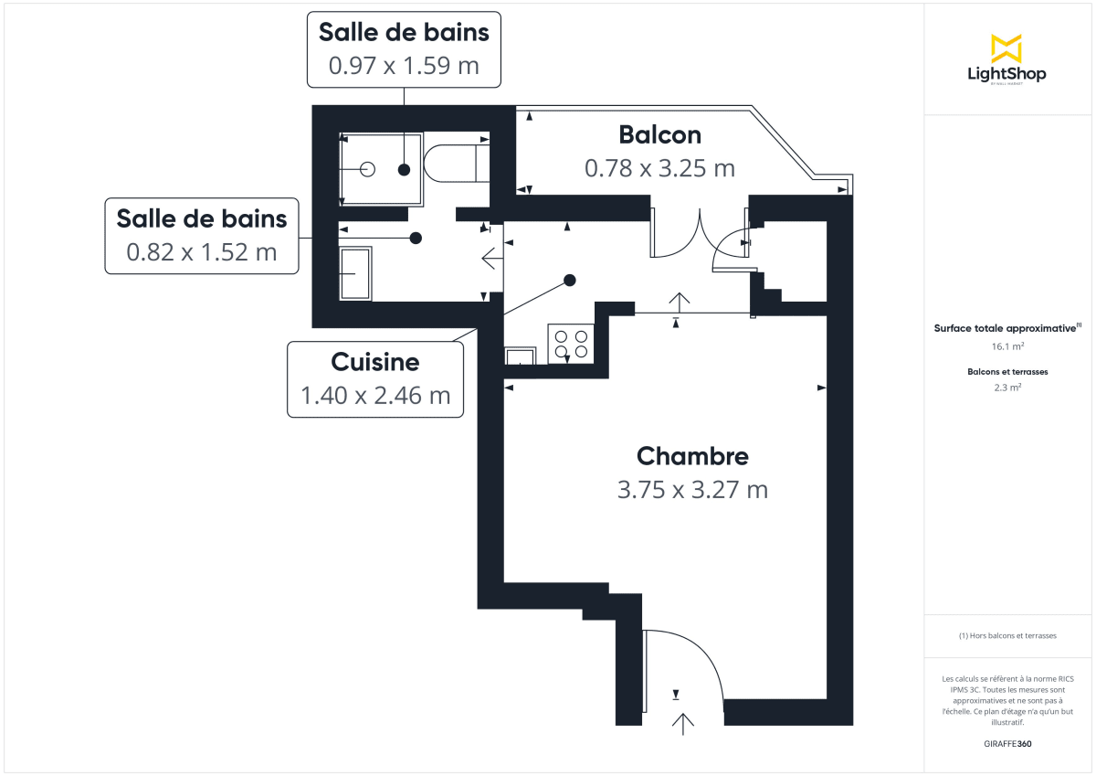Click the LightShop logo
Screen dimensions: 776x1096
1006,60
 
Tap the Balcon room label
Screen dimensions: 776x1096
659,134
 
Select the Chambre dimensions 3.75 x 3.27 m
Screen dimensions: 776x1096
692,489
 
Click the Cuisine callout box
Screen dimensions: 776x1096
375,379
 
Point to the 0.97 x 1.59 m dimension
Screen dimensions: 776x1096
404,66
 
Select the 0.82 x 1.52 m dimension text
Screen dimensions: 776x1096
202,252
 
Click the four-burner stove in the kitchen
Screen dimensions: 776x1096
571,344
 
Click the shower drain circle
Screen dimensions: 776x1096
368,169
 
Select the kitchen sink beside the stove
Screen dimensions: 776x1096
522,356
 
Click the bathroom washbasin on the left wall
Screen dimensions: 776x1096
355,273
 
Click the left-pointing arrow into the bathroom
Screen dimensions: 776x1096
491,259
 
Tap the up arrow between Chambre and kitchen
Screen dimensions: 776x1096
679,301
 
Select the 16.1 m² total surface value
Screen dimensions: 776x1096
1007,347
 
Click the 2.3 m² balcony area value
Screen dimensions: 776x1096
1007,387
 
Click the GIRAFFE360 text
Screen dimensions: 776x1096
1007,744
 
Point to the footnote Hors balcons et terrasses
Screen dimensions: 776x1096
1007,635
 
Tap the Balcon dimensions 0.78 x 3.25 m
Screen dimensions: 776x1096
659,168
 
